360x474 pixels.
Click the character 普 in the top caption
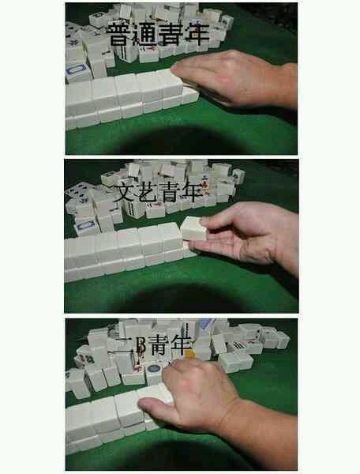coord(121,35)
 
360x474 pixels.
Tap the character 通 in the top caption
coord(145,35)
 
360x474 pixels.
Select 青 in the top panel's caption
coord(171,35)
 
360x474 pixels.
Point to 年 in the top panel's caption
coord(197,35)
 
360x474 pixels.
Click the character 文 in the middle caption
coord(125,193)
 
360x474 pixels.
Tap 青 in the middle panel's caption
coord(169,193)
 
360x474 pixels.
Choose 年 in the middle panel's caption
coord(191,193)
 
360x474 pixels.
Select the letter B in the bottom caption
coord(141,346)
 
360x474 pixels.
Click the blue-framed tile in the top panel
coord(77,72)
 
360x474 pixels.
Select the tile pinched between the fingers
coord(193,229)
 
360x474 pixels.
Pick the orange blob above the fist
coord(189,354)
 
